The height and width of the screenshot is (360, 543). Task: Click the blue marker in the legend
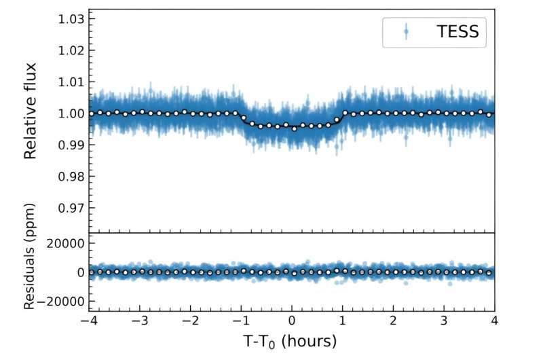[x=406, y=31]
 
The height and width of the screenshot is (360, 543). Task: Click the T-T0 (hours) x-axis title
[x=291, y=340]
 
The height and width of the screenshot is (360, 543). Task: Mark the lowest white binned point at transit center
[x=295, y=128]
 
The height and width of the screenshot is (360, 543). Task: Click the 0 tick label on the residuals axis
[x=79, y=272]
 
